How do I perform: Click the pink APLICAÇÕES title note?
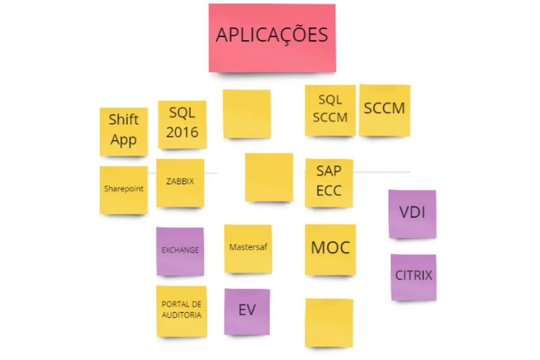pyautogui.click(x=272, y=37)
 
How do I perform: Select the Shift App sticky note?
pyautogui.click(x=123, y=131)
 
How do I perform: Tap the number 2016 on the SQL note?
pyautogui.click(x=182, y=132)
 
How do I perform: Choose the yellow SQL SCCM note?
pyautogui.click(x=330, y=110)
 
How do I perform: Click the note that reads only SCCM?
pyautogui.click(x=384, y=109)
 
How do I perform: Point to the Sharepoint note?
pyautogui.click(x=123, y=190)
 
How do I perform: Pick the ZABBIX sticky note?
pyautogui.click(x=180, y=182)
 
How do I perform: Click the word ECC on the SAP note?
pyautogui.click(x=329, y=191)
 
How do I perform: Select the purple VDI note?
pyautogui.click(x=412, y=213)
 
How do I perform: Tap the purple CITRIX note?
pyautogui.click(x=413, y=277)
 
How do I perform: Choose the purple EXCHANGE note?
pyautogui.click(x=180, y=251)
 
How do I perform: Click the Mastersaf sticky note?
pyautogui.click(x=248, y=248)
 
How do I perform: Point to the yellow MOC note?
pyautogui.click(x=330, y=249)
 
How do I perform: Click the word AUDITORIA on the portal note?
pyautogui.click(x=181, y=315)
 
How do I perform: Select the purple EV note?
pyautogui.click(x=247, y=311)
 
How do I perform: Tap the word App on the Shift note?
pyautogui.click(x=123, y=140)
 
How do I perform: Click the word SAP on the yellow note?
pyautogui.click(x=329, y=171)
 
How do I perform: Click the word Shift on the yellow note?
pyautogui.click(x=123, y=120)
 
